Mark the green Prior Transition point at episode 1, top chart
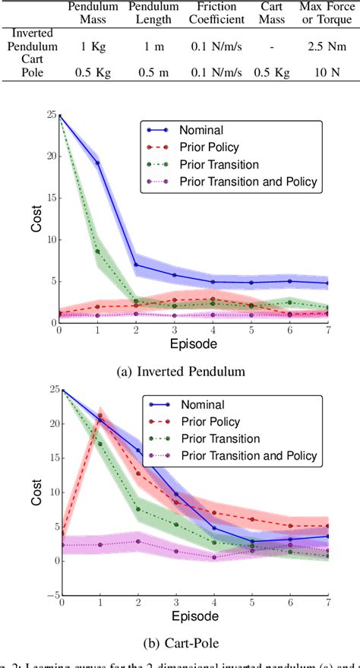pyautogui.click(x=97, y=252)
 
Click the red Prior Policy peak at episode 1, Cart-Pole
pyautogui.click(x=99, y=416)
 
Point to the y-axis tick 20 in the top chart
pyautogui.click(x=50, y=157)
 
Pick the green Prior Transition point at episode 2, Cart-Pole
pyautogui.click(x=137, y=509)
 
